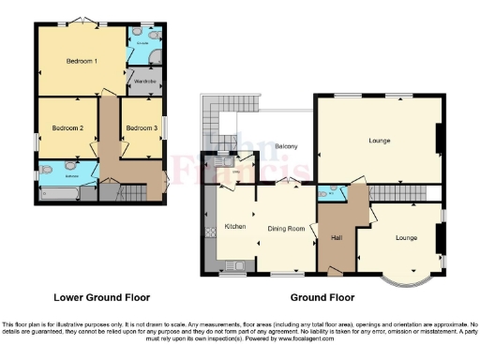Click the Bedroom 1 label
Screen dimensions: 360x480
(82, 61)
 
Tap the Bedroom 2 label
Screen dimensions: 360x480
(67, 127)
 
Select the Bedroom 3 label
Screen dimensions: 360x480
(141, 127)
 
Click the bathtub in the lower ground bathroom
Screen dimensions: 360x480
(59, 193)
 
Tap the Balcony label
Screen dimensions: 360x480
(286, 146)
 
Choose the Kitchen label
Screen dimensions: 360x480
(234, 226)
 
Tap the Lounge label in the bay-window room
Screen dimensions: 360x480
(405, 237)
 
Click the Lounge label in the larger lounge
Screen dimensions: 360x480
(379, 141)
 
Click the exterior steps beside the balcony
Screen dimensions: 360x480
(209, 123)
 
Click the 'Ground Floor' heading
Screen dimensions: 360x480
(322, 297)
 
